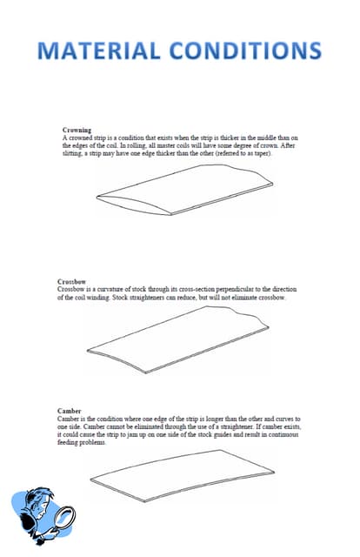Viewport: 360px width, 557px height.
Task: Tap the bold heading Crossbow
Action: pos(72,283)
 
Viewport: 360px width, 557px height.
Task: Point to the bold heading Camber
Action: pos(70,411)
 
